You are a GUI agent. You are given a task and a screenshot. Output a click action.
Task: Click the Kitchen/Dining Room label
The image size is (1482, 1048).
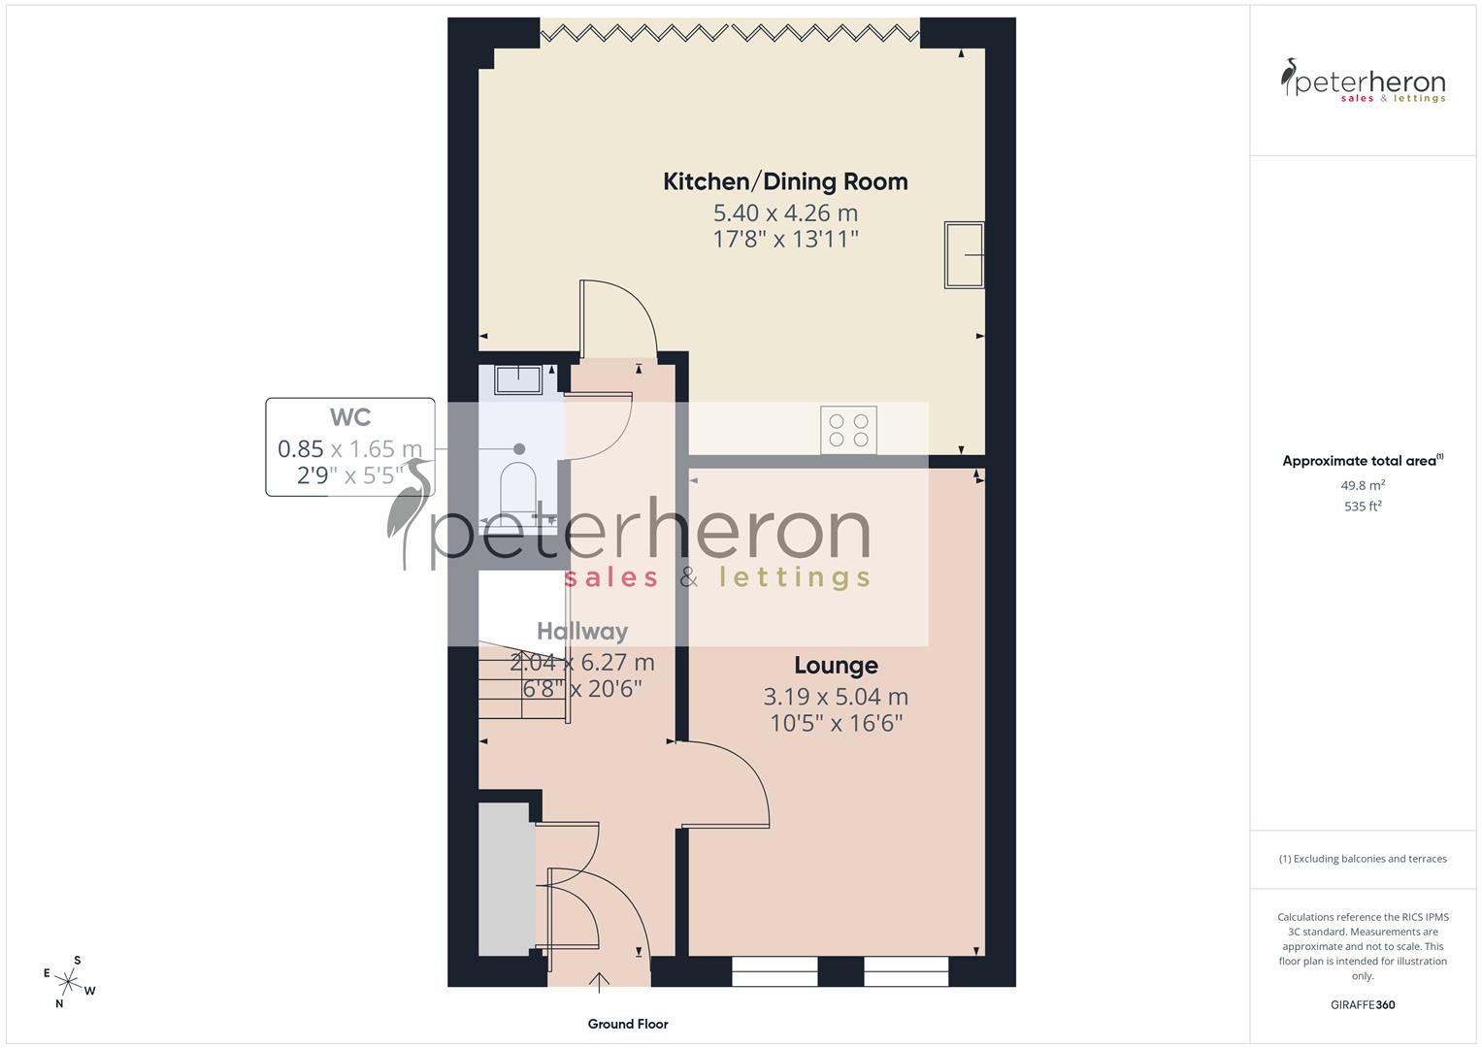(x=785, y=181)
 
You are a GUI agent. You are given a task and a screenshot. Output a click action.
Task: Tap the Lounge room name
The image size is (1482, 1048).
(x=836, y=666)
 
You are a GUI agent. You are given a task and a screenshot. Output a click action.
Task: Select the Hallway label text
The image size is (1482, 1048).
(x=582, y=631)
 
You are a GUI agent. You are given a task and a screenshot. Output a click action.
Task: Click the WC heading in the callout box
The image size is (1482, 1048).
(x=350, y=417)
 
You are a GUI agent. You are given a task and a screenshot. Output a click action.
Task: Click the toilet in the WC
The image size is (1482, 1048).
(x=518, y=487)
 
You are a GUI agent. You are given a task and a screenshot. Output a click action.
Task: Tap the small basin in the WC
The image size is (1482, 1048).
(x=518, y=378)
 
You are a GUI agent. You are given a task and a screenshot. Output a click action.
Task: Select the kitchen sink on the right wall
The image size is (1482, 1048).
(x=964, y=255)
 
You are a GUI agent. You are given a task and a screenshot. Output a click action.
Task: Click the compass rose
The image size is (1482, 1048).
(x=69, y=982)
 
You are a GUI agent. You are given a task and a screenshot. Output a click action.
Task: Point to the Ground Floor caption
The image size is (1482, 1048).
(x=628, y=1024)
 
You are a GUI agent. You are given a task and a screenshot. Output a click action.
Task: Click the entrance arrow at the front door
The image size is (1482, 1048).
(x=600, y=982)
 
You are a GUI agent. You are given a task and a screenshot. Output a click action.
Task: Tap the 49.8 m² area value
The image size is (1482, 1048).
(x=1363, y=485)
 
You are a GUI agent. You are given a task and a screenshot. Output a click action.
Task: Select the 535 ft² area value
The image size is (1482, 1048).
(x=1363, y=507)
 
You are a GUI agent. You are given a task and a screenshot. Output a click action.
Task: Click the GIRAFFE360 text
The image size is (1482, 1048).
(x=1363, y=1005)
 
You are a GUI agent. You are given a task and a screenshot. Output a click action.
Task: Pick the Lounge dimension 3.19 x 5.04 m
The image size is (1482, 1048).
(x=836, y=697)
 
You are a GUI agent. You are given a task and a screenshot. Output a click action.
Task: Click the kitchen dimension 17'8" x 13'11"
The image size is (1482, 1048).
(x=785, y=240)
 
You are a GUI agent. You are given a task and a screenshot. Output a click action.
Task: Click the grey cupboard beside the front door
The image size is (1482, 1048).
(x=507, y=878)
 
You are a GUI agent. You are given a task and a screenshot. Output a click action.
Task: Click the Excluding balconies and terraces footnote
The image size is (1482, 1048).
(x=1363, y=859)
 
